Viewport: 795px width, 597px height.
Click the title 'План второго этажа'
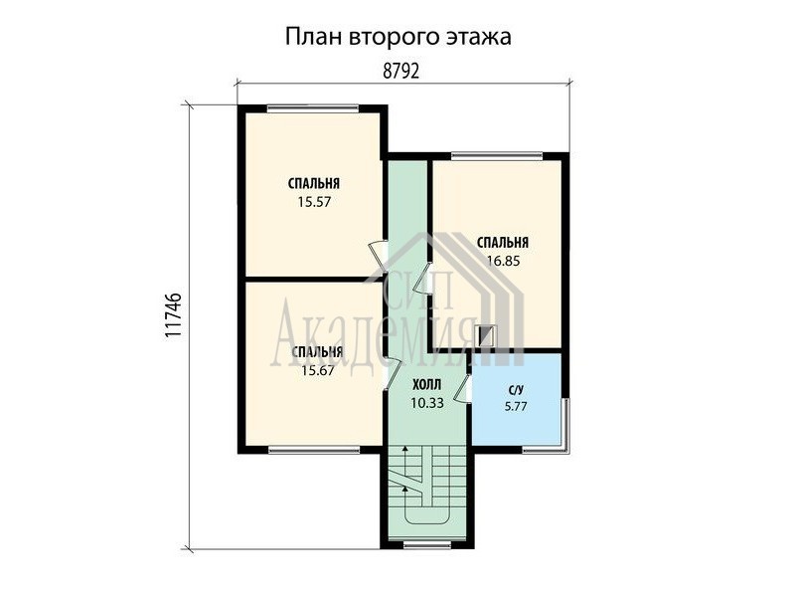[398, 38]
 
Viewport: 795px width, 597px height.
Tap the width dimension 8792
[401, 72]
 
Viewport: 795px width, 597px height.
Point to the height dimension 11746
[173, 315]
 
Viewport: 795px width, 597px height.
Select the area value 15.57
[314, 202]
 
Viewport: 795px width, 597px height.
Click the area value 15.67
[317, 370]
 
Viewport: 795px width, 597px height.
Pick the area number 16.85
[504, 261]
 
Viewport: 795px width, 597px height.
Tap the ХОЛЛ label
[427, 384]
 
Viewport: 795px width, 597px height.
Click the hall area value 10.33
[427, 403]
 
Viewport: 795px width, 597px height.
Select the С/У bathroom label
[516, 390]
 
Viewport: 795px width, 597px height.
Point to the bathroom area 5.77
[516, 406]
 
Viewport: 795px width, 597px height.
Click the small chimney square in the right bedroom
[487, 336]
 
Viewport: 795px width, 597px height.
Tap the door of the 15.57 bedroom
[379, 253]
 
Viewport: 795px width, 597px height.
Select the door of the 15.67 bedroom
[392, 374]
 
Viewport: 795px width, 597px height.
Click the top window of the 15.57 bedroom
[312, 107]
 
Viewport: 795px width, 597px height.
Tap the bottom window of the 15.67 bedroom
[314, 450]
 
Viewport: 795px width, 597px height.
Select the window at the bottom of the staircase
[427, 545]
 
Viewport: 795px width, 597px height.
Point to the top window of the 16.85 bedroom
[497, 155]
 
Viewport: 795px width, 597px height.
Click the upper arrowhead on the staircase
[404, 449]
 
